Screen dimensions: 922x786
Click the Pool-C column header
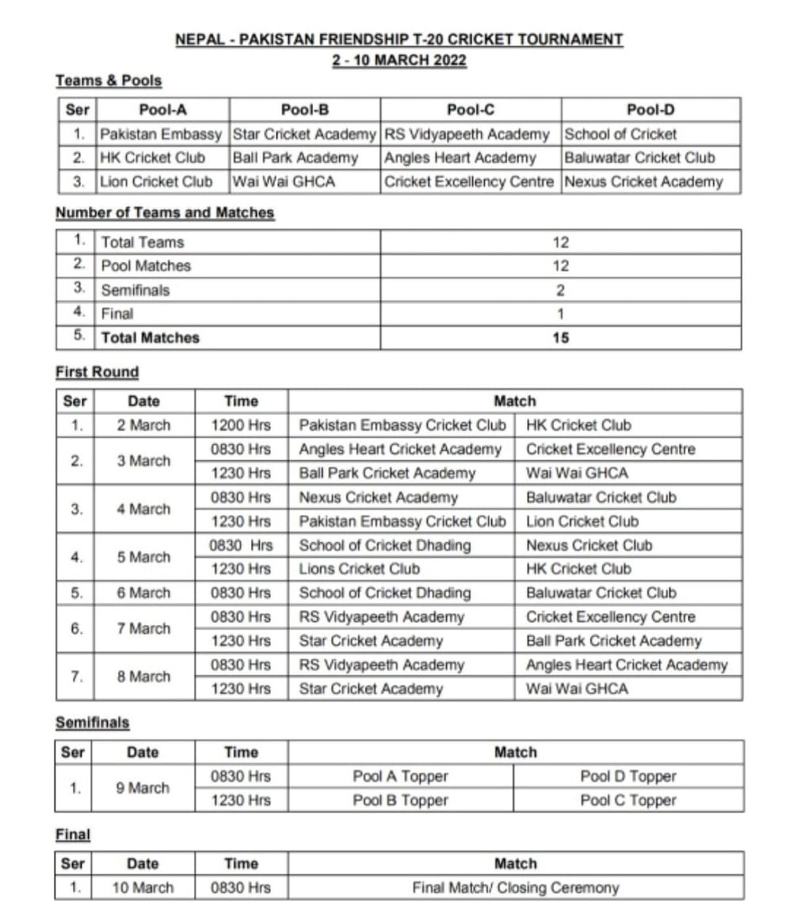point(470,110)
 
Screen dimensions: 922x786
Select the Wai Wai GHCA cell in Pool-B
point(284,182)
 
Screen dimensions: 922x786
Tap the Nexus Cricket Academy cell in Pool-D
point(643,182)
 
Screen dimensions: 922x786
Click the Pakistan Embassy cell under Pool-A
point(160,134)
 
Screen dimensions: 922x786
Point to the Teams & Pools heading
point(108,81)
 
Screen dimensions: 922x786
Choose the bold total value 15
point(561,338)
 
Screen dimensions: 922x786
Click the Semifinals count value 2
point(561,290)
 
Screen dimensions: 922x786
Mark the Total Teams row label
point(142,242)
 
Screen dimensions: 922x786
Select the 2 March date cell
point(143,425)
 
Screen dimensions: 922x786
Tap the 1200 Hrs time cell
point(240,425)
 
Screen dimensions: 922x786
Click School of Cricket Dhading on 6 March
point(384,593)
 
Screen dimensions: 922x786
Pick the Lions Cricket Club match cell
point(359,569)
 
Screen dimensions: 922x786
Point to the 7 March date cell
point(143,628)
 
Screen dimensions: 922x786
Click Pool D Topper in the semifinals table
point(627,776)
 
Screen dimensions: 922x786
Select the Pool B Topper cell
point(400,800)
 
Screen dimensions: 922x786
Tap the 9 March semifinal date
point(142,788)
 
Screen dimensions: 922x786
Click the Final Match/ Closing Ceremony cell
point(515,887)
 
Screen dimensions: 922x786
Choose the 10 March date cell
point(142,887)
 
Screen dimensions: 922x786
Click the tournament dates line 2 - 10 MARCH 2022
point(399,60)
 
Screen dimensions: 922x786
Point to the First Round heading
point(97,372)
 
